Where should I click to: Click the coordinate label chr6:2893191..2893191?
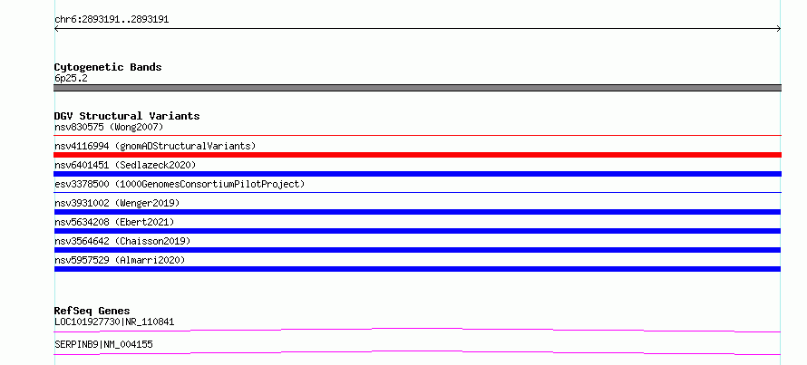[112, 20]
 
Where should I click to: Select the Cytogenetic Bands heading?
[108, 67]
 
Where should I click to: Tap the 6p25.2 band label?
[71, 78]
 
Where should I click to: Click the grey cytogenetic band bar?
[417, 88]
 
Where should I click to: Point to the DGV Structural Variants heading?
[127, 116]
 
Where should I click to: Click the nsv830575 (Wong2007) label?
[109, 127]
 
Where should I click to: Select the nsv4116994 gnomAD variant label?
[155, 146]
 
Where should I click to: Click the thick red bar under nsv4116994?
[417, 155]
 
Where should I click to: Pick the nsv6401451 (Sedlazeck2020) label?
[125, 165]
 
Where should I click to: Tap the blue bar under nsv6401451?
[417, 174]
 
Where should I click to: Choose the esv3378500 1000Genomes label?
[180, 184]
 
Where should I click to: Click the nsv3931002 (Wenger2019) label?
[117, 203]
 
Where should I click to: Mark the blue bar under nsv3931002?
[417, 212]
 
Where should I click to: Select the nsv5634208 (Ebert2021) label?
[114, 222]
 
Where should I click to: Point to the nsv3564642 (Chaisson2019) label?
[122, 241]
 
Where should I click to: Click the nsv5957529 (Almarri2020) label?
[120, 260]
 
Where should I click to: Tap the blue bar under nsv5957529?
[417, 269]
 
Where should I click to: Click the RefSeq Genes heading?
[92, 311]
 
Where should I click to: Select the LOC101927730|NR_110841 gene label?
[114, 322]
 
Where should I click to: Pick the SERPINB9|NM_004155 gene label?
[103, 344]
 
